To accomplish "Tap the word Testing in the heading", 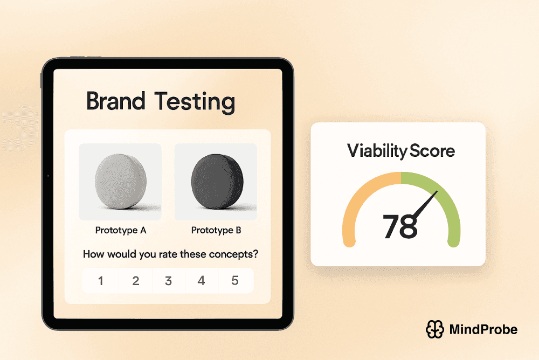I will click(x=195, y=102).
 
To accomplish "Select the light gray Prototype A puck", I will click(x=120, y=182).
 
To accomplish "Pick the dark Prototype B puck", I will click(x=216, y=182).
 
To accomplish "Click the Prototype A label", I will click(x=121, y=231).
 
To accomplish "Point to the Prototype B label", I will click(x=216, y=231).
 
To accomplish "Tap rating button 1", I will click(x=101, y=281).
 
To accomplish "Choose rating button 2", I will click(x=136, y=281).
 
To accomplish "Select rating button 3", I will click(x=169, y=281).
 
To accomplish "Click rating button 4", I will click(x=202, y=281).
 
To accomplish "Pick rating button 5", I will click(x=235, y=281).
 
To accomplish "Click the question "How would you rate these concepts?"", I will click(x=170, y=254).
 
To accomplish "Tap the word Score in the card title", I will click(x=432, y=151).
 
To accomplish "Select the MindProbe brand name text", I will click(x=483, y=329).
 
